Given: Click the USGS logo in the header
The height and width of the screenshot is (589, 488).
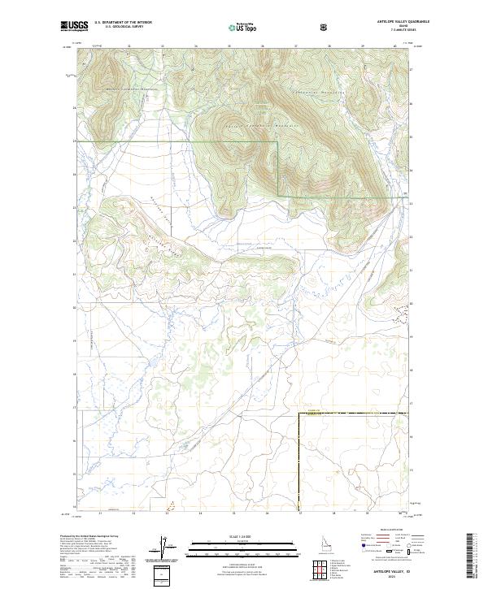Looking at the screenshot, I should tap(75, 27).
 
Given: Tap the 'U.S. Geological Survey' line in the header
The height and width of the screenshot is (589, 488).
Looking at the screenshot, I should tap(118, 28).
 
